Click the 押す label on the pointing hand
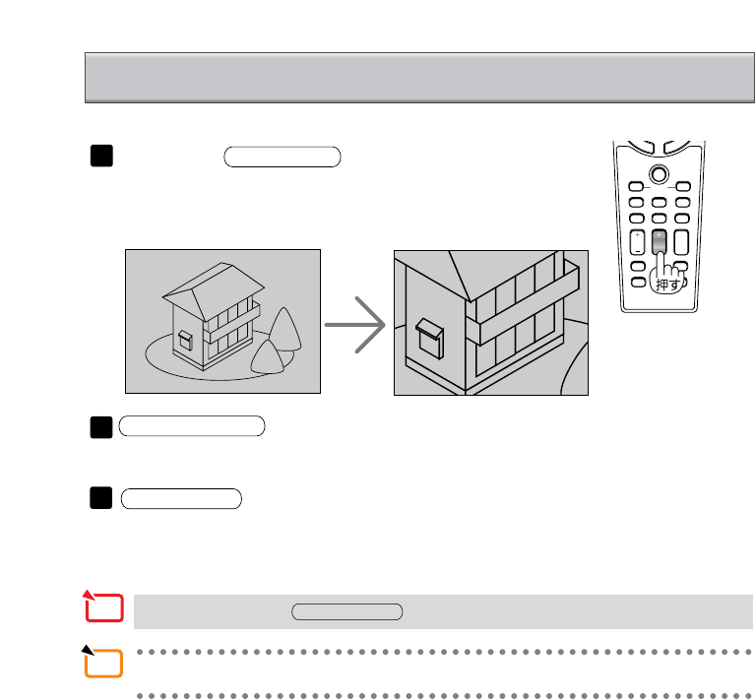tap(667, 284)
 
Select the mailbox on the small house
tap(184, 339)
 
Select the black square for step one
tap(99, 157)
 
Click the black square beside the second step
tap(99, 426)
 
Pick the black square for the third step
tap(99, 498)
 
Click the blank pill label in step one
tap(282, 157)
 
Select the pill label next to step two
tap(192, 426)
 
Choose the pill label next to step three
tap(180, 498)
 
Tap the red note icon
tap(103, 607)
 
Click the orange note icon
tap(103, 663)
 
